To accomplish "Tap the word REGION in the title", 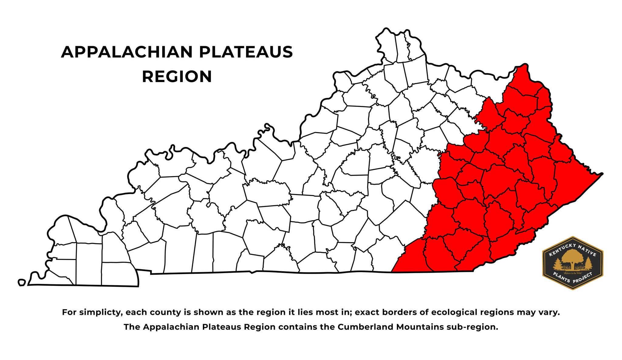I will [177, 77].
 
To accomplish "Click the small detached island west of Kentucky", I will [21, 283].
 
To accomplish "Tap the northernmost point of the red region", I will [523, 65].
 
